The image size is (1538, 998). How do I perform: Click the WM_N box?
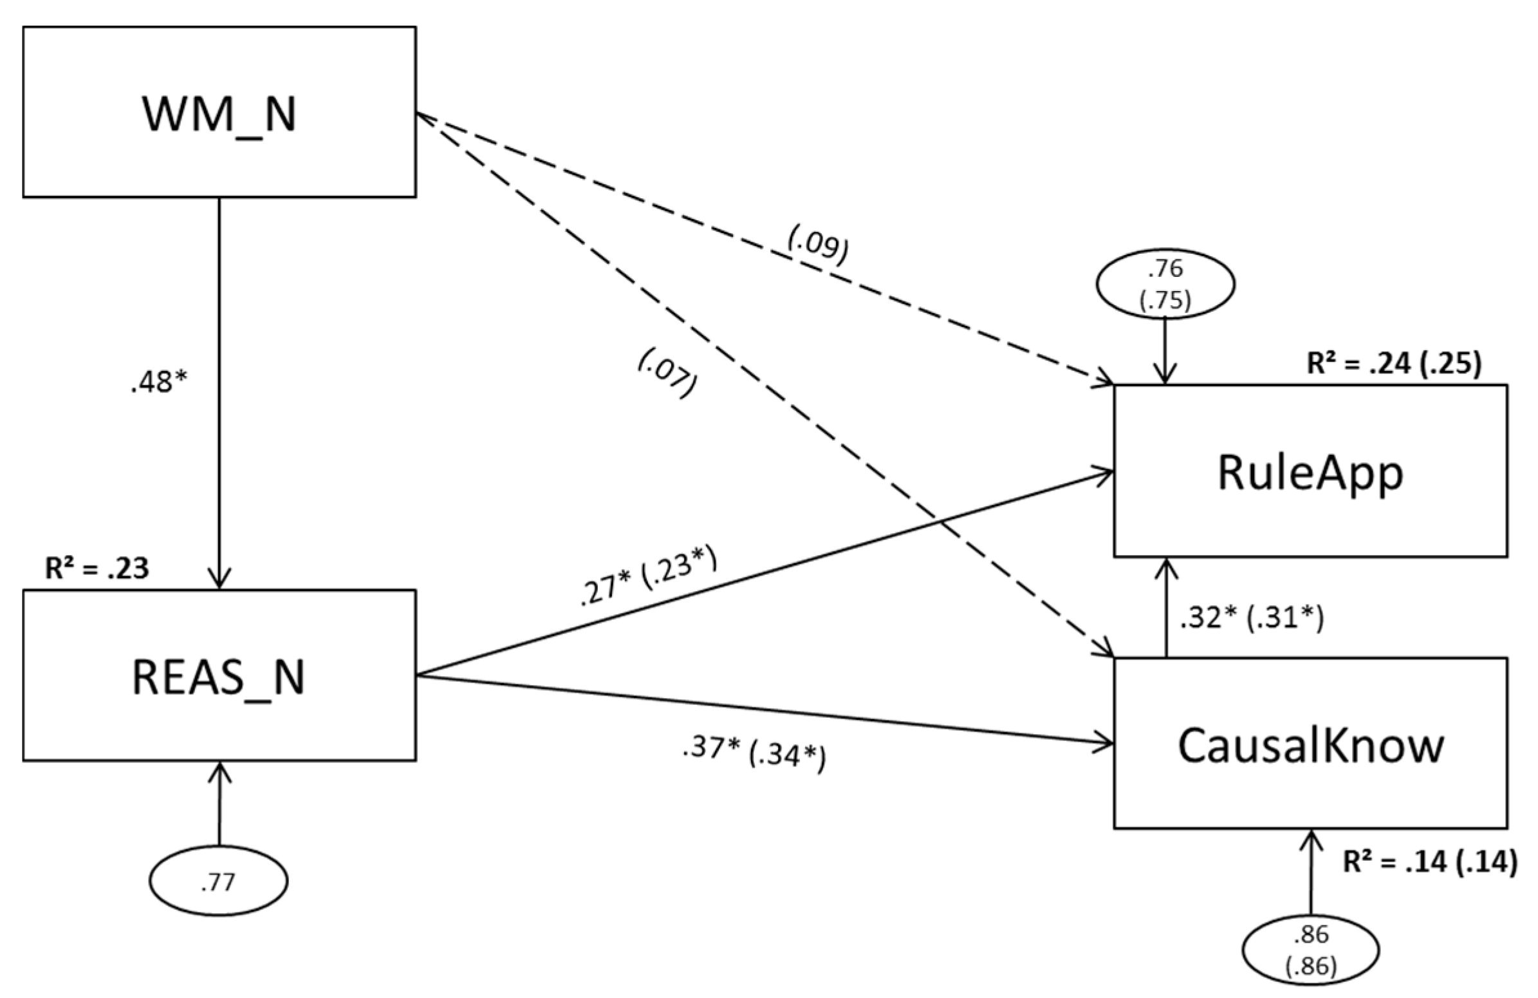[219, 112]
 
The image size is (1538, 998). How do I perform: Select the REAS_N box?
[219, 675]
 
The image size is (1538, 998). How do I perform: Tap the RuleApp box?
[1310, 471]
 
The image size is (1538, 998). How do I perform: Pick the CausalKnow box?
[1310, 742]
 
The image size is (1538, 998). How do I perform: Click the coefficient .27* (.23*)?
[648, 577]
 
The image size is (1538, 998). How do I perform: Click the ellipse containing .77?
[218, 881]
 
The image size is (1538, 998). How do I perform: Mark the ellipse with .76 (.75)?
[1166, 285]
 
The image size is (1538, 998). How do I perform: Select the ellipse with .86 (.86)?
[1311, 950]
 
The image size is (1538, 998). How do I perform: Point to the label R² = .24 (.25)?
[1393, 364]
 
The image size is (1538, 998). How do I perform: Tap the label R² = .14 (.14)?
[1429, 862]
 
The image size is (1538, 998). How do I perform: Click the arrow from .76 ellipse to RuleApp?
[1165, 352]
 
